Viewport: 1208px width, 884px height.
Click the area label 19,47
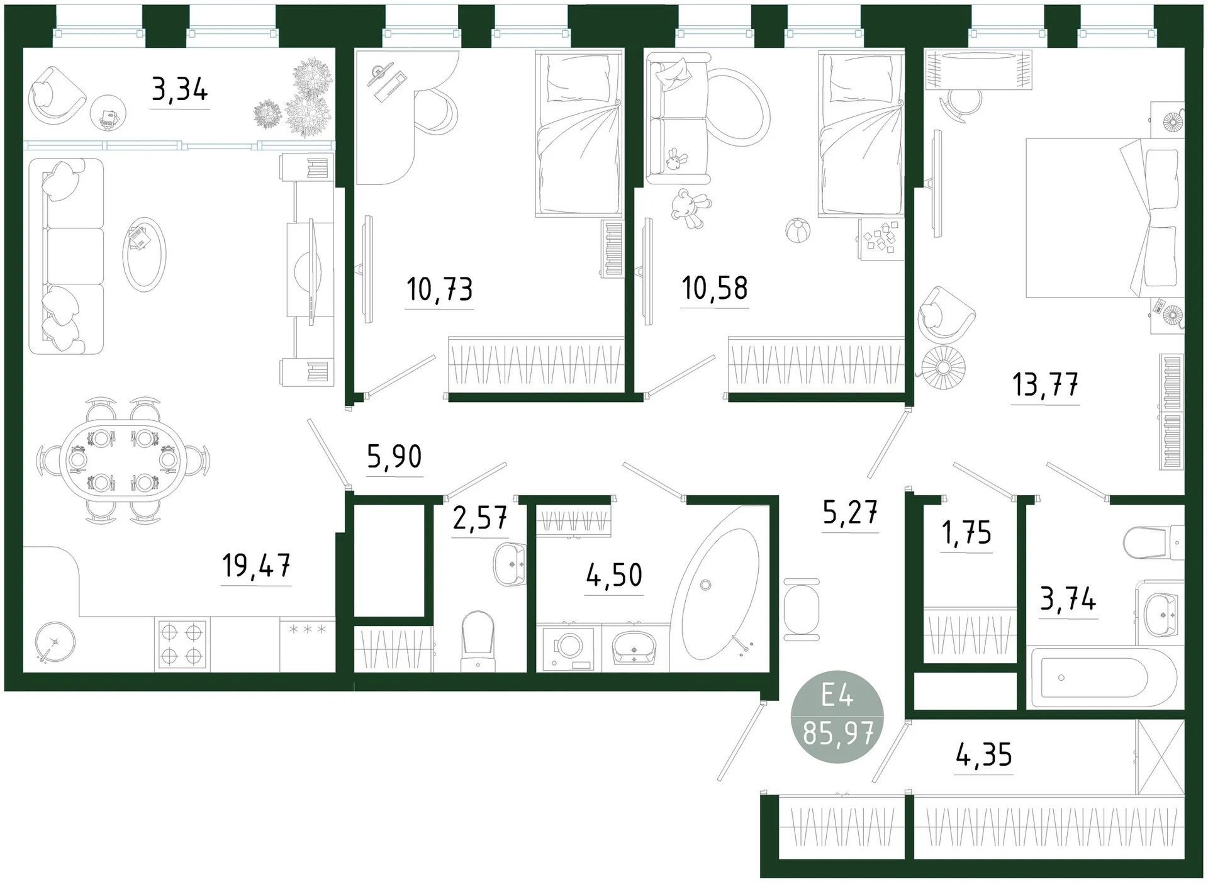(x=256, y=565)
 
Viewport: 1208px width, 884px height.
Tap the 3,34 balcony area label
(x=180, y=89)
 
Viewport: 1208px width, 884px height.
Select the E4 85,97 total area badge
(x=837, y=716)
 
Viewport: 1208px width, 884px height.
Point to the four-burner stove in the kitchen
(x=182, y=644)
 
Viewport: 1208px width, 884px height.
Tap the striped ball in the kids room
(x=798, y=230)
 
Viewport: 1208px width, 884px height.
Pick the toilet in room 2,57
(x=478, y=641)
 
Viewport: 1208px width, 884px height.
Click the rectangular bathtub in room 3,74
(x=1105, y=678)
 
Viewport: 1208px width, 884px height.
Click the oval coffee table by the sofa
(x=144, y=254)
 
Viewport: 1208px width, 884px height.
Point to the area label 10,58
(x=715, y=288)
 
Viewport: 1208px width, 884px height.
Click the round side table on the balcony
(x=108, y=113)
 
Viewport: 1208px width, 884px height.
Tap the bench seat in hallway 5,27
(x=802, y=609)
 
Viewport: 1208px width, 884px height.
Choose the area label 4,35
(x=984, y=754)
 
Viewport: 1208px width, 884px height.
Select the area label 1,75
(x=966, y=532)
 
